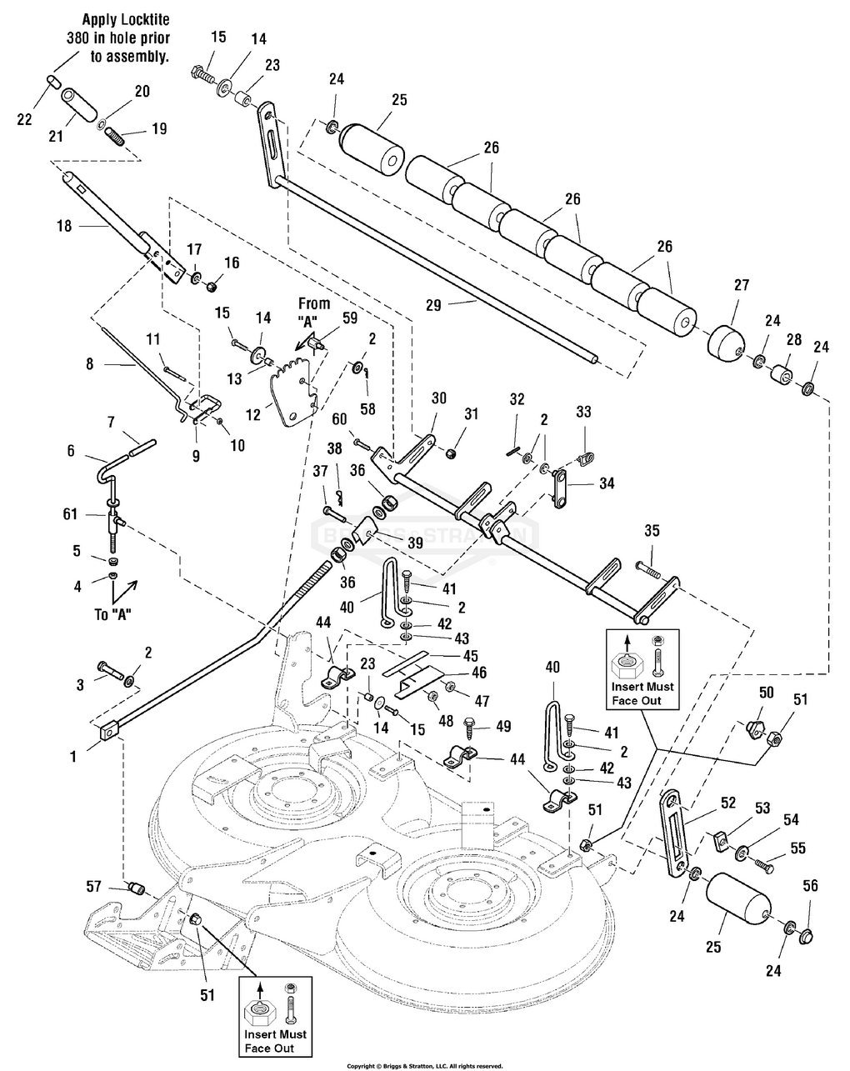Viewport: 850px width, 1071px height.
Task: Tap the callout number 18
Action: (x=63, y=226)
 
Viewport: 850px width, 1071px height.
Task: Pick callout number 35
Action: (x=652, y=530)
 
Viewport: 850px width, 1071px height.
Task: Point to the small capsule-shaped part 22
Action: (x=52, y=80)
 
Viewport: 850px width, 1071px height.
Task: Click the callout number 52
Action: (x=729, y=803)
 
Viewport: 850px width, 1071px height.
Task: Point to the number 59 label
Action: (x=348, y=317)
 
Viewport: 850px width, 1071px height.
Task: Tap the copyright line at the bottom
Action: (x=424, y=1065)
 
